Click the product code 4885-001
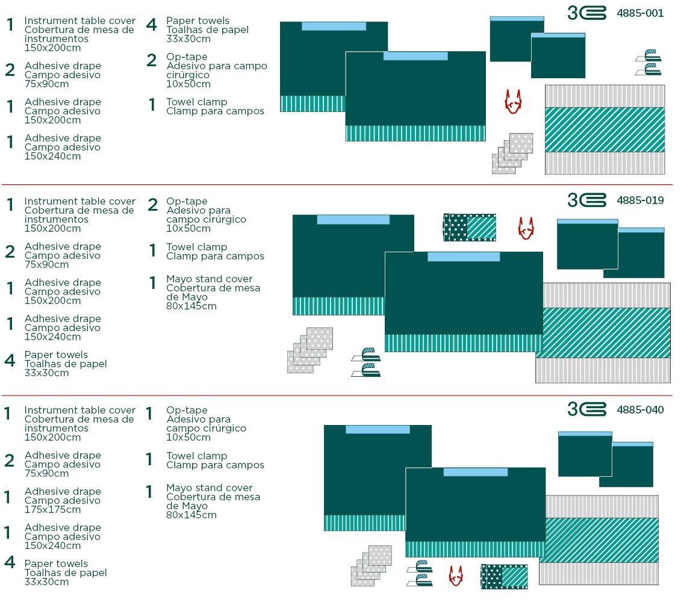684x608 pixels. pos(640,13)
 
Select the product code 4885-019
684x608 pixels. pos(640,200)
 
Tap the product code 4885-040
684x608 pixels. pos(640,409)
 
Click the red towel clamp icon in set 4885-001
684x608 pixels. pos(513,102)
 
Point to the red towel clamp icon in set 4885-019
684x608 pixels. pos(526,228)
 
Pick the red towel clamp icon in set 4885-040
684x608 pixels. pos(456,575)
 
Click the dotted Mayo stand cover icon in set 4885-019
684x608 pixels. pos(470,227)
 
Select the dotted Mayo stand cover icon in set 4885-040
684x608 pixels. pos(504,577)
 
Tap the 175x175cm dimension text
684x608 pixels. pos(52,509)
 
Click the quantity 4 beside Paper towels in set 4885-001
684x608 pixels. pos(151,25)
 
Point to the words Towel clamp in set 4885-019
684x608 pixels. pos(196,247)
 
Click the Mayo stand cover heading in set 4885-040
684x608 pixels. pos(209,488)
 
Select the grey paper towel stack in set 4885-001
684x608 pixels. pos(512,154)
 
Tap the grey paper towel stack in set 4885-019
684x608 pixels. pos(310,350)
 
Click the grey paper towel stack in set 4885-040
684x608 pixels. pos(372,566)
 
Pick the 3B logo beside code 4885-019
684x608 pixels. pos(586,200)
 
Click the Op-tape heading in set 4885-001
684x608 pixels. pos(187,57)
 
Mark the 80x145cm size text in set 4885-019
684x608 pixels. pos(191,306)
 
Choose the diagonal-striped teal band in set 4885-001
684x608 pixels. pos(605,129)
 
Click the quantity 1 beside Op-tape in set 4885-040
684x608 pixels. pos(149,414)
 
